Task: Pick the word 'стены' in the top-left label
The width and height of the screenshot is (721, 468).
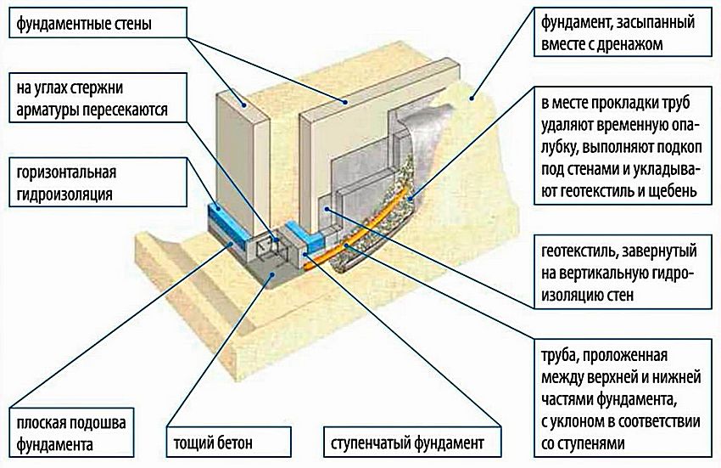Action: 133,25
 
